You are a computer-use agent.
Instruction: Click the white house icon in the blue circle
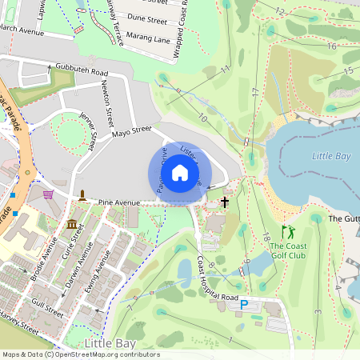[x=180, y=173]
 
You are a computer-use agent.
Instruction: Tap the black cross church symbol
[x=225, y=202]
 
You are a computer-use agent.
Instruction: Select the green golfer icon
[x=287, y=233]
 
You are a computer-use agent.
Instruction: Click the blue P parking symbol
[x=245, y=304]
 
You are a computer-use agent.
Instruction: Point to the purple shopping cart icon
[x=48, y=194]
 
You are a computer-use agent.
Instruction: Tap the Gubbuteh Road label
[x=82, y=72]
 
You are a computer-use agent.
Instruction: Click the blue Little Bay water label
[x=333, y=156]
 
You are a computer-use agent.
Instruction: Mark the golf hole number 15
[x=348, y=71]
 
